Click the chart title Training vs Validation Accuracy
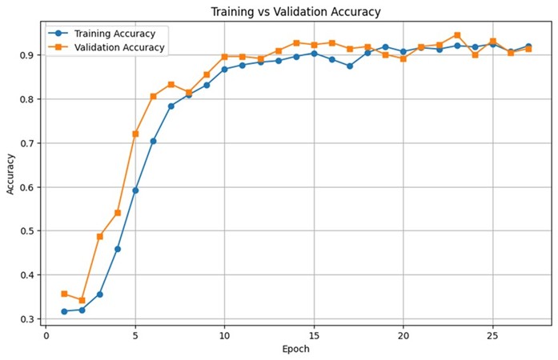(295, 12)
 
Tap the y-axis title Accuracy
(11, 174)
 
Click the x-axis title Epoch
(295, 349)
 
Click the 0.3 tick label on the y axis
(28, 319)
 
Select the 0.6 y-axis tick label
(28, 187)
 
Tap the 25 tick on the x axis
(492, 334)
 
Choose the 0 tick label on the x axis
(46, 334)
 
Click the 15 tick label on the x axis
(314, 334)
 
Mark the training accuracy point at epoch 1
(64, 311)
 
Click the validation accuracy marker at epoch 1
(64, 294)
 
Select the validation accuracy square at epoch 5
(135, 134)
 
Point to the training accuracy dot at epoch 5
(135, 190)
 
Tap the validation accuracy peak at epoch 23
(457, 35)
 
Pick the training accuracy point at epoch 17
(350, 66)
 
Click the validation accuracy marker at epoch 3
(100, 236)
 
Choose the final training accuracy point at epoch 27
(528, 46)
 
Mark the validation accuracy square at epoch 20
(403, 58)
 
